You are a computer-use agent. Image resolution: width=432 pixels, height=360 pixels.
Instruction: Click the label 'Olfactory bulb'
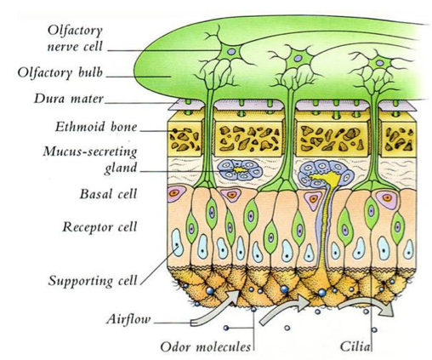coord(60,72)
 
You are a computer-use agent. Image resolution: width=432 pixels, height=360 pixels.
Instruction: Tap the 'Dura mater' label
coord(69,99)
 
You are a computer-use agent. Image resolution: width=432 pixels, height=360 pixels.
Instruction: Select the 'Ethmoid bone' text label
coord(96,127)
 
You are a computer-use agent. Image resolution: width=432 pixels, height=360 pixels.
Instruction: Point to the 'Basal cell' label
coord(108,194)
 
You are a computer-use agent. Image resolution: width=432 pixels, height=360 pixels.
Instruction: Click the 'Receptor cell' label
coord(99,226)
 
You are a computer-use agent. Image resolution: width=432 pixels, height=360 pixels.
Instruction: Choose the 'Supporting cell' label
coord(93,281)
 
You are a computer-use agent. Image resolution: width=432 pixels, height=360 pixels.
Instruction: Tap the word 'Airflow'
coord(128,319)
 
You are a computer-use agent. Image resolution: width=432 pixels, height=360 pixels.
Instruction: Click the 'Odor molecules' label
coord(206,346)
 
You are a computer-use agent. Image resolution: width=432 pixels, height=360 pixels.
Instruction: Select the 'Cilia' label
coord(355,346)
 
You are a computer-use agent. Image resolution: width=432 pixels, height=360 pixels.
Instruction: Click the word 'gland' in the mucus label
coord(121,168)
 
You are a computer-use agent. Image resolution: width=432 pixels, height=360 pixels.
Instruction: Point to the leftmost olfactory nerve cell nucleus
coord(231,52)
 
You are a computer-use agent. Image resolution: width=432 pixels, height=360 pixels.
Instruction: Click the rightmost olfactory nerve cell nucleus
coord(380,63)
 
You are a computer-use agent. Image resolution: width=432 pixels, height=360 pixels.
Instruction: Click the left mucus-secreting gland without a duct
coord(240,170)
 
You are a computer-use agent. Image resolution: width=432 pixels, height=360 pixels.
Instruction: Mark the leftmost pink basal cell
coord(176,193)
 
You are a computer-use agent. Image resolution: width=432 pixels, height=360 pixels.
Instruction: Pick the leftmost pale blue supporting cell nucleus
coord(178,243)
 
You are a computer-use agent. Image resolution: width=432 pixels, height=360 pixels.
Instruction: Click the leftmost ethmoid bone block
coord(185,137)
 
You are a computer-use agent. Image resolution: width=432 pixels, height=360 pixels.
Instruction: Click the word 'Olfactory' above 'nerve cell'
coord(75,31)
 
